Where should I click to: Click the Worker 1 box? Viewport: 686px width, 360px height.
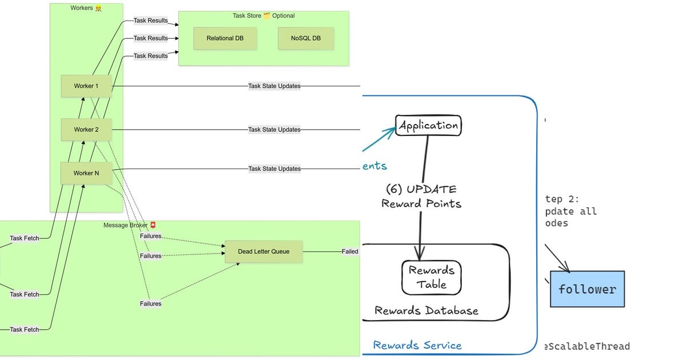pyautogui.click(x=86, y=86)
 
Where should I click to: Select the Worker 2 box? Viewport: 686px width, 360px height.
pyautogui.click(x=86, y=130)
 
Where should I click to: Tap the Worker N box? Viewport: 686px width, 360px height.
pyautogui.click(x=86, y=173)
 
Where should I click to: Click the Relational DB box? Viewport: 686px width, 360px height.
pyautogui.click(x=225, y=38)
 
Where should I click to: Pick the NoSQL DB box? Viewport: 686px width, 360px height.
pyautogui.click(x=305, y=38)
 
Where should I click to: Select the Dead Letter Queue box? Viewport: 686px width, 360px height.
pyautogui.click(x=264, y=251)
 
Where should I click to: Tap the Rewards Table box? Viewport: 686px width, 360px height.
pyautogui.click(x=432, y=277)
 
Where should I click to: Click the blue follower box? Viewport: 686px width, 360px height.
pyautogui.click(x=587, y=289)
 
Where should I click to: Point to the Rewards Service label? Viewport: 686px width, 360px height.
pyautogui.click(x=417, y=345)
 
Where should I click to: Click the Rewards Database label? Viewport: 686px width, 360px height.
pyautogui.click(x=426, y=311)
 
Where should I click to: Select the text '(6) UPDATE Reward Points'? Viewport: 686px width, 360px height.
pyautogui.click(x=421, y=196)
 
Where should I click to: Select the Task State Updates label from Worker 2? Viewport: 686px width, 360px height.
pyautogui.click(x=274, y=130)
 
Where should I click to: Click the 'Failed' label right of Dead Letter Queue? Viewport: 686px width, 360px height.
pyautogui.click(x=350, y=251)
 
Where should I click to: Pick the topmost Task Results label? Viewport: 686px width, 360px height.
pyautogui.click(x=150, y=21)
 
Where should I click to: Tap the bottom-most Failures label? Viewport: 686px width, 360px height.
pyautogui.click(x=150, y=303)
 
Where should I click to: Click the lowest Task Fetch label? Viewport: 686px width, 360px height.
pyautogui.click(x=24, y=329)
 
